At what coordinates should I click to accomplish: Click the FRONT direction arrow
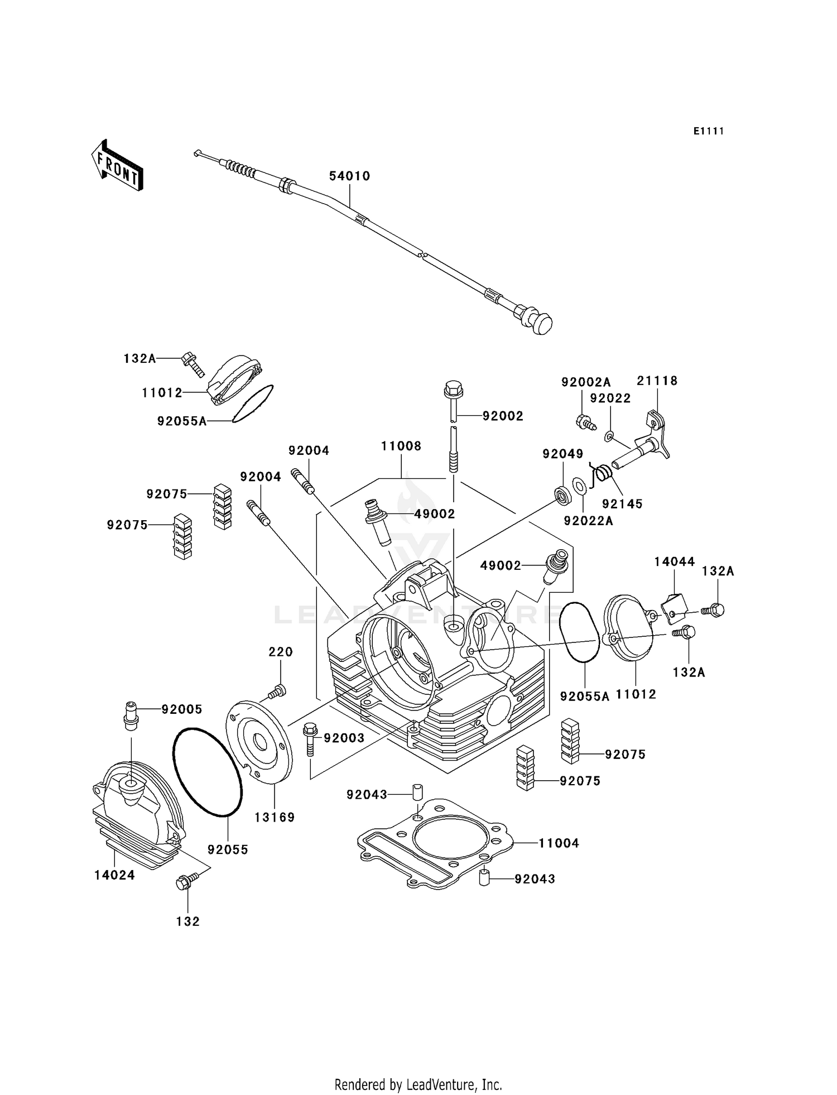pyautogui.click(x=117, y=166)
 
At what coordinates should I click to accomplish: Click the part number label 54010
pyautogui.click(x=349, y=176)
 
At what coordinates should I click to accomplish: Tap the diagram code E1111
pyautogui.click(x=709, y=131)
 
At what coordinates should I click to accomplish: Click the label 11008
pyautogui.click(x=401, y=446)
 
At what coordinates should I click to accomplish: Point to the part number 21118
pyautogui.click(x=657, y=381)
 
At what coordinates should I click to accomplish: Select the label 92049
pyautogui.click(x=562, y=454)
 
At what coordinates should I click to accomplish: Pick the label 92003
pyautogui.click(x=344, y=738)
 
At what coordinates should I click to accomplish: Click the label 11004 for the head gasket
pyautogui.click(x=559, y=843)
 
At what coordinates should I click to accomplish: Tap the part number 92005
pyautogui.click(x=182, y=709)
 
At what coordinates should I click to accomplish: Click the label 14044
pyautogui.click(x=674, y=562)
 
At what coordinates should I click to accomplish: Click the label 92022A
pyautogui.click(x=588, y=521)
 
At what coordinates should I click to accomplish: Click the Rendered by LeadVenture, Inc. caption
pyautogui.click(x=418, y=1084)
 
